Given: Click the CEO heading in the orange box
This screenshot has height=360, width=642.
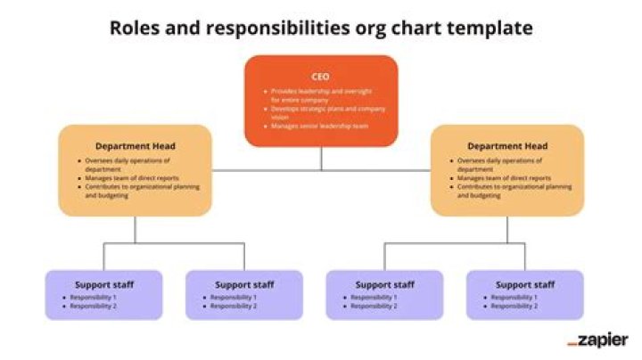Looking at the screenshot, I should coord(321,77).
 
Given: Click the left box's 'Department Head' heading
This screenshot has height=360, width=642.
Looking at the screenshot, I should coord(136,146).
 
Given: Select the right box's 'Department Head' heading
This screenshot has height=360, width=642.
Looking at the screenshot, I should coord(507,146).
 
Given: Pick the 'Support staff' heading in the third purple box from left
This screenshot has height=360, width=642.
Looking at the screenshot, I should coord(384,284).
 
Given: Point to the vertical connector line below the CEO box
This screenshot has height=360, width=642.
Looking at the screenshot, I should coord(322,158).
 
